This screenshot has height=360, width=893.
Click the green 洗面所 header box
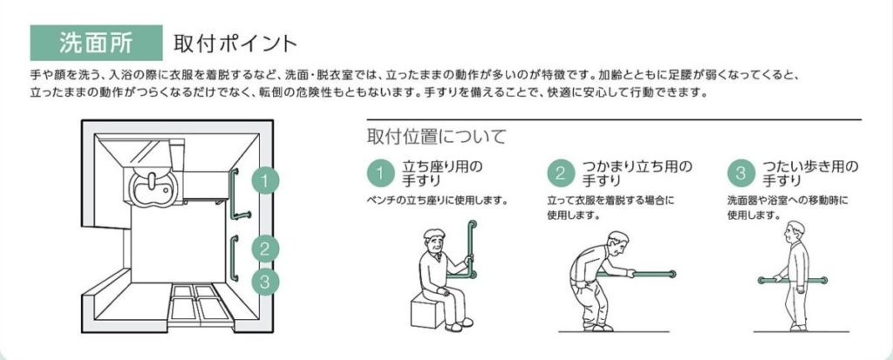tap(96, 43)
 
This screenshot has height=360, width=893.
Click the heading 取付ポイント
tap(235, 44)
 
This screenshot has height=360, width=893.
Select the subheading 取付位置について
tap(436, 137)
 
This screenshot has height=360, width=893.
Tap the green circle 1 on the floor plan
tap(265, 181)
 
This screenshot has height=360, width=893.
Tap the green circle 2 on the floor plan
tap(265, 248)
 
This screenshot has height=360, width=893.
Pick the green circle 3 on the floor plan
tap(265, 281)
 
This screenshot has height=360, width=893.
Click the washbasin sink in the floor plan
tap(151, 184)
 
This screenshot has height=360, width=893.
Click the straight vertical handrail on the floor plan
tap(234, 257)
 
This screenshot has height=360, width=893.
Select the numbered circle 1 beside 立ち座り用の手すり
tap(381, 173)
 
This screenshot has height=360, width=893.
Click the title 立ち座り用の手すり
tap(442, 173)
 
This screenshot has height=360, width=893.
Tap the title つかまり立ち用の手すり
tap(637, 173)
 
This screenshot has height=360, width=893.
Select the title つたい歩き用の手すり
tap(810, 173)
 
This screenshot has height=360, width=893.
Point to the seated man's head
tap(436, 241)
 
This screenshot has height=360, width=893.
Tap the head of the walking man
tap(795, 231)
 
